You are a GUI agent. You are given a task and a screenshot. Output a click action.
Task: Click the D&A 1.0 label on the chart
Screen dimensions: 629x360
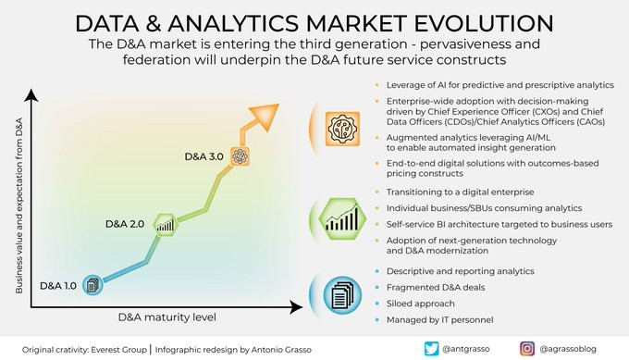[58, 286]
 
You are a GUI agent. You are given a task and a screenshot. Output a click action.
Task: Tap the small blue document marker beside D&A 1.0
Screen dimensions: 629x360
[92, 285]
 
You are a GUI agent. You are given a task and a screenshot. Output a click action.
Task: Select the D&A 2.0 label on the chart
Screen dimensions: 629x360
[125, 224]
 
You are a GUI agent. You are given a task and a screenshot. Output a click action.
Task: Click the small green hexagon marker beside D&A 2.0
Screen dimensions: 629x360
[166, 225]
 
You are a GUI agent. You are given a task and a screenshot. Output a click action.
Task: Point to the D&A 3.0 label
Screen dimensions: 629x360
[203, 156]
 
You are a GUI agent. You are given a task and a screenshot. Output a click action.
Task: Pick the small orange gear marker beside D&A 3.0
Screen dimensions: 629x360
[240, 156]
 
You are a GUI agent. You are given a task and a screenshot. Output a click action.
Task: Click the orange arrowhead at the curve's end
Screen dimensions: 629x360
[265, 116]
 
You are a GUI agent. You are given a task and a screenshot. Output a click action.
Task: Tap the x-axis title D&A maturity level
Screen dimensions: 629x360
[166, 317]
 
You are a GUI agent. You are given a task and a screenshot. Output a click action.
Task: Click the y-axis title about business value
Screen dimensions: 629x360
[18, 205]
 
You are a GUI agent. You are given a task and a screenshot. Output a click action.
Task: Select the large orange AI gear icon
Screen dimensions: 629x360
[342, 129]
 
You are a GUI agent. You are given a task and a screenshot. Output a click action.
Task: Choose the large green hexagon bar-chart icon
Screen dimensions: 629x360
[342, 219]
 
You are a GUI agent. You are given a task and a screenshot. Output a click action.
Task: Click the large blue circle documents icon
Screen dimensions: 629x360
[342, 295]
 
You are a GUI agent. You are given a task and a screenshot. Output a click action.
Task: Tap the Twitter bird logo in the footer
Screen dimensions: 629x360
[432, 349]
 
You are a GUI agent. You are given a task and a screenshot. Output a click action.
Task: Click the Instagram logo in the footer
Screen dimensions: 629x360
[527, 349]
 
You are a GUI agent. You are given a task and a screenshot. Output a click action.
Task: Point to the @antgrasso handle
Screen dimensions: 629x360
[465, 349]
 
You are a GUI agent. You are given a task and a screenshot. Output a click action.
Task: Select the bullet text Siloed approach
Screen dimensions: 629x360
[420, 304]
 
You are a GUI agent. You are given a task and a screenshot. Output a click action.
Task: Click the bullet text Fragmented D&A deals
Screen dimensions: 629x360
[436, 288]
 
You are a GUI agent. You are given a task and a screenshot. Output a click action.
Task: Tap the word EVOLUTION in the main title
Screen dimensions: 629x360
[484, 23]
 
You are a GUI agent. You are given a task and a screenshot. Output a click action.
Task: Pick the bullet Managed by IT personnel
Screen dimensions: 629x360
[439, 320]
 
